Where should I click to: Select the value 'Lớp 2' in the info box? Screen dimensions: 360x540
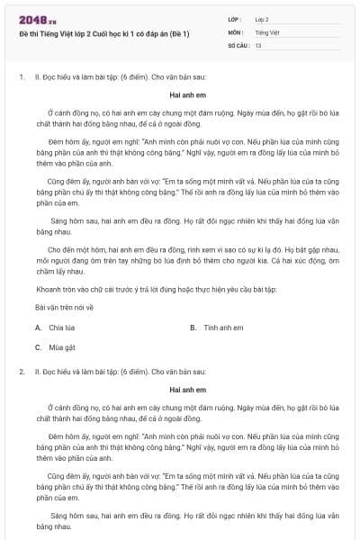click(262, 19)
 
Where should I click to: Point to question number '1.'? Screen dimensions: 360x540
click(22, 77)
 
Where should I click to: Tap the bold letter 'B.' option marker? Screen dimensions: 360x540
click(193, 328)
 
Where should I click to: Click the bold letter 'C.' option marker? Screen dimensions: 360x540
click(39, 346)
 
